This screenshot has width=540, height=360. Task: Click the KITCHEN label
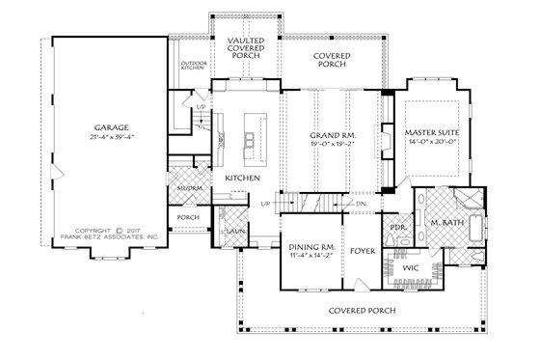coord(240,179)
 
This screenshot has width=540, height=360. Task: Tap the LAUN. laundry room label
coord(233,232)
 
